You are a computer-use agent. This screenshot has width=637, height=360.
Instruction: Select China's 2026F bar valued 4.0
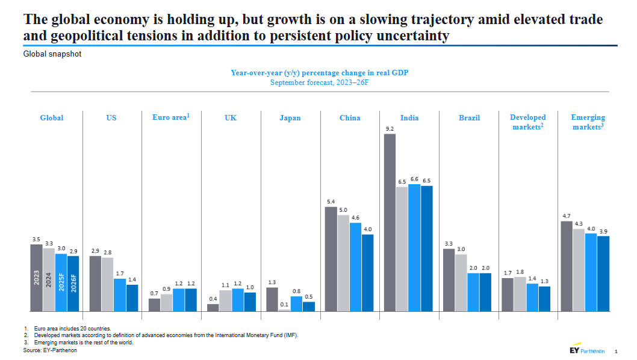(x=367, y=273)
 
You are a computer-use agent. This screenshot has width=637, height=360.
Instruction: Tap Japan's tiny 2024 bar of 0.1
(x=284, y=310)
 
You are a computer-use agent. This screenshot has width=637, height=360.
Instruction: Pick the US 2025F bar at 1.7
(x=120, y=295)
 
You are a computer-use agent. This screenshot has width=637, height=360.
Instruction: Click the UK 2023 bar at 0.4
(x=213, y=308)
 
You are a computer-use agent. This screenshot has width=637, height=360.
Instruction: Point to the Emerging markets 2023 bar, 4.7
(x=567, y=266)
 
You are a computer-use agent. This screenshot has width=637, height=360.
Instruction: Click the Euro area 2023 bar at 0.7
(x=154, y=305)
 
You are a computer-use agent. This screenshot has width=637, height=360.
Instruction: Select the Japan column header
(x=290, y=118)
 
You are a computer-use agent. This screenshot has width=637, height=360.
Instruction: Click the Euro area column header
(x=171, y=117)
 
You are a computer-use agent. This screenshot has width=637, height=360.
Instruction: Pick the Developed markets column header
(x=527, y=122)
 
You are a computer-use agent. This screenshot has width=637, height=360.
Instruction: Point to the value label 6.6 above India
(x=414, y=179)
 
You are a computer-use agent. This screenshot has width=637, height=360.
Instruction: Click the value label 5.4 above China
(x=331, y=202)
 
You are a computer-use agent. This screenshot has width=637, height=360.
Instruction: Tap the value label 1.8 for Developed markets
(x=520, y=272)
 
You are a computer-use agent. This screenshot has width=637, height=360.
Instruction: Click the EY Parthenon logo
(x=586, y=350)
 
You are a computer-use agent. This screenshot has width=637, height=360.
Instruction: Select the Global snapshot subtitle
(x=52, y=54)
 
